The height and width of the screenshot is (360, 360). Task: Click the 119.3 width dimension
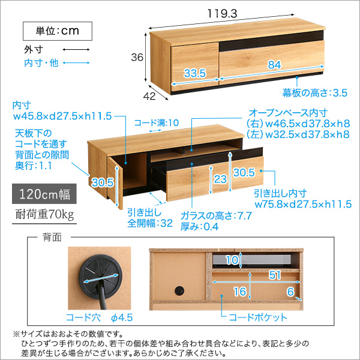222,14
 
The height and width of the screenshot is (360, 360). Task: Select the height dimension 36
137,57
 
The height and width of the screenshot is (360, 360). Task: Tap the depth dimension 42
149,96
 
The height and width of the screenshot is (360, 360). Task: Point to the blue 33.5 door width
195,73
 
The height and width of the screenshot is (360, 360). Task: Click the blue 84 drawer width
274,65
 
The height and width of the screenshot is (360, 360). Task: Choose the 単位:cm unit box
58,31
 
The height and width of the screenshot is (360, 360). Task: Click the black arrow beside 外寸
76,49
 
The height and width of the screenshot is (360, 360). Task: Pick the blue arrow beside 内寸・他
76,62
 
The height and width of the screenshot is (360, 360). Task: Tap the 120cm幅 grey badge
44,194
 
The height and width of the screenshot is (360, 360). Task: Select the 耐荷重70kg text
44,214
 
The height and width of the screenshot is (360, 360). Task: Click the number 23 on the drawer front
220,179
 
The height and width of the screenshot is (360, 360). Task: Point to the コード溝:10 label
157,123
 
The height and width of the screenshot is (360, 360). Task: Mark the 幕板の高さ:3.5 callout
315,93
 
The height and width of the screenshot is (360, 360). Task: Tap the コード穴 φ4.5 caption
99,317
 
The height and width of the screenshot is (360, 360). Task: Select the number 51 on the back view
275,275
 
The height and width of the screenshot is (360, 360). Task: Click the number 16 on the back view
240,292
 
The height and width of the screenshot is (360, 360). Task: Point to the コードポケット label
258,317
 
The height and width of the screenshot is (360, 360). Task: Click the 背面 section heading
52,237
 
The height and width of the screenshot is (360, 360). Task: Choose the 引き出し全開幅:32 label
150,218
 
